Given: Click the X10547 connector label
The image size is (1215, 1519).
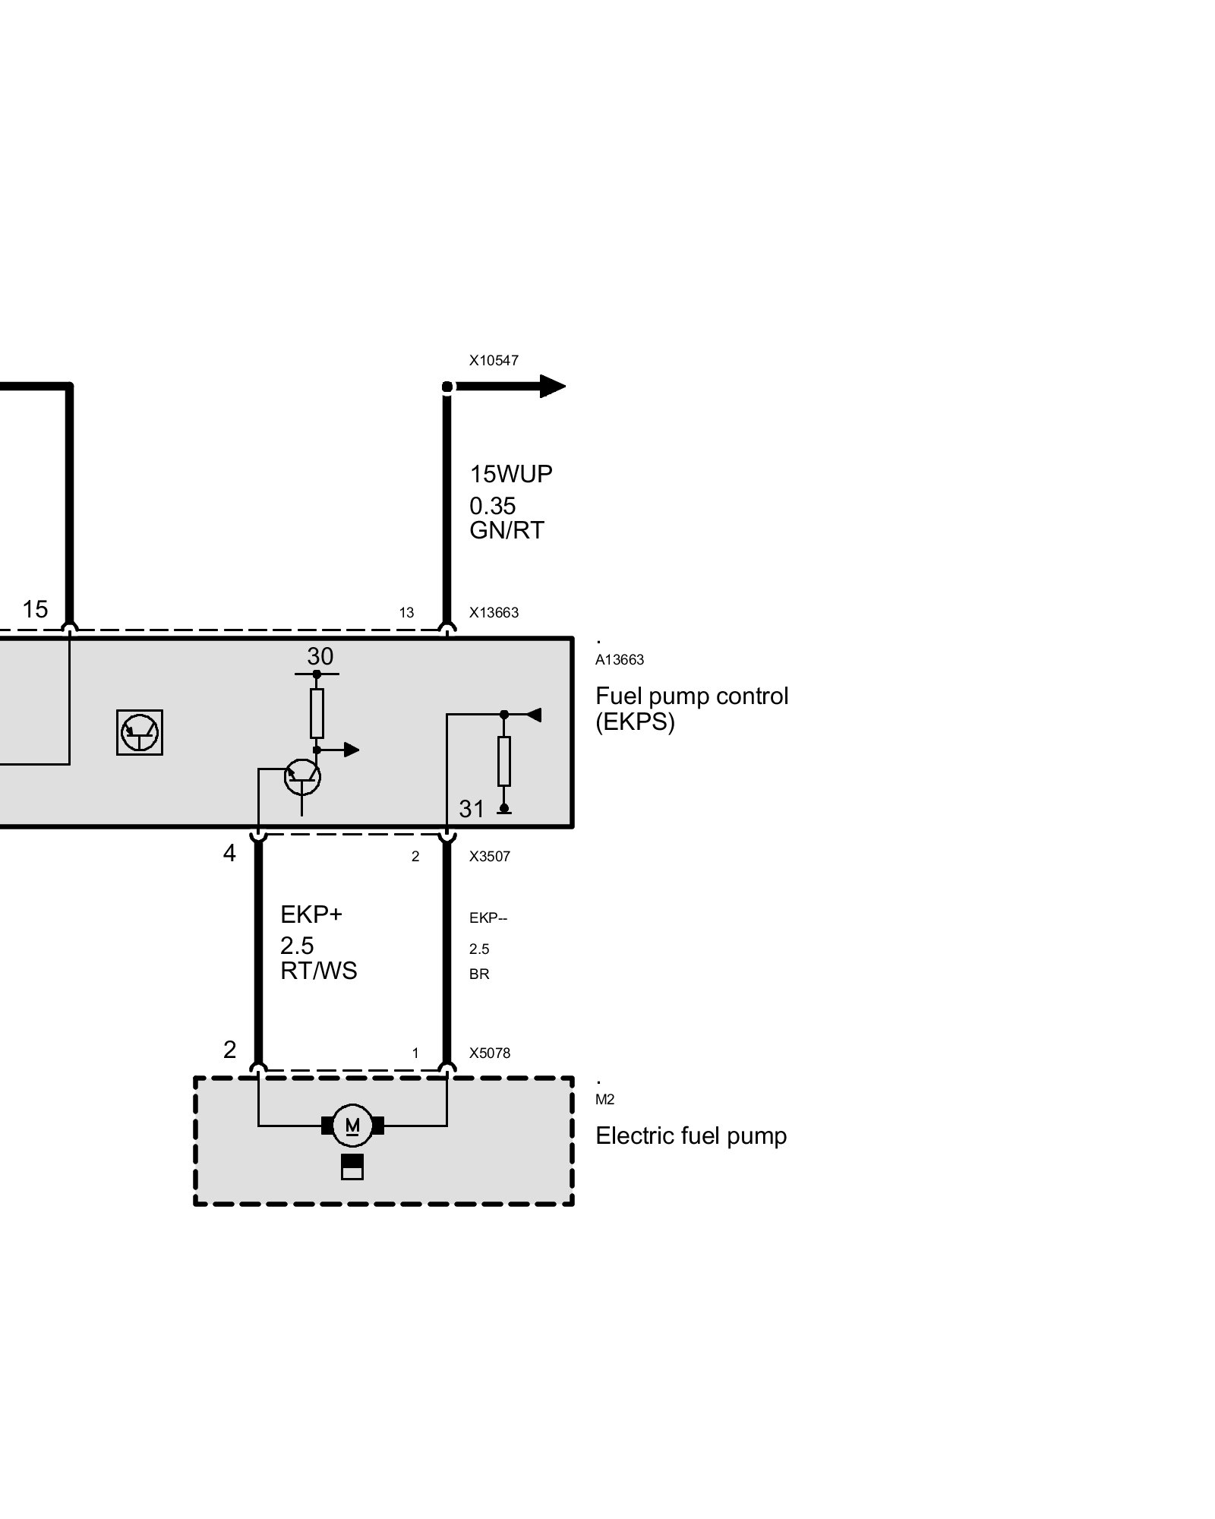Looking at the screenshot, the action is point(494,360).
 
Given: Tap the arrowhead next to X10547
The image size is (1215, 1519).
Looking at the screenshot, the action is point(553,387).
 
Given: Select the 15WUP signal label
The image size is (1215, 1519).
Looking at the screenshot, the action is point(511,474).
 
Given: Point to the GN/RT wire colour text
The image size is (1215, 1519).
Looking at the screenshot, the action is point(507,530).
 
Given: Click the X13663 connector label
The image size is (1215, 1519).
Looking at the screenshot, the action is point(494,612).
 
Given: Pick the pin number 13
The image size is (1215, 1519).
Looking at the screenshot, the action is point(406,613).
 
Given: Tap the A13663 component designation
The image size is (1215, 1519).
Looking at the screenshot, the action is point(620,660).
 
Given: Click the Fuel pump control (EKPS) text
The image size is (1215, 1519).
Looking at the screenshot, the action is point(692,708).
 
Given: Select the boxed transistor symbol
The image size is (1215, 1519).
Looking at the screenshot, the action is point(140,732).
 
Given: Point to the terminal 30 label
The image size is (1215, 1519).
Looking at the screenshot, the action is point(320,656).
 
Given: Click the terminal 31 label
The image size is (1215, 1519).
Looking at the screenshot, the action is point(472,809).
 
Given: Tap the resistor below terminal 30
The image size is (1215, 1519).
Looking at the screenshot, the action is point(317,713).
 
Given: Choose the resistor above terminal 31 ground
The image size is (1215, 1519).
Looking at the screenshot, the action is point(504,761).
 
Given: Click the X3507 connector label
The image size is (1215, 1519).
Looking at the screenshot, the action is point(490,856).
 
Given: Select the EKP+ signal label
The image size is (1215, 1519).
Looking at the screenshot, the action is point(311,914).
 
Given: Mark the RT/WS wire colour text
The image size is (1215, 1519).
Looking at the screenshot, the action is point(319,971).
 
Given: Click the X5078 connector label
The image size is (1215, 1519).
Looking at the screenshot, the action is point(490,1053).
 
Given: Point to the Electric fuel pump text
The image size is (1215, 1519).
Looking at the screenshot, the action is point(691,1136).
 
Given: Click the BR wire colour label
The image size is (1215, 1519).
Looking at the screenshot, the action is point(479,974).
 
